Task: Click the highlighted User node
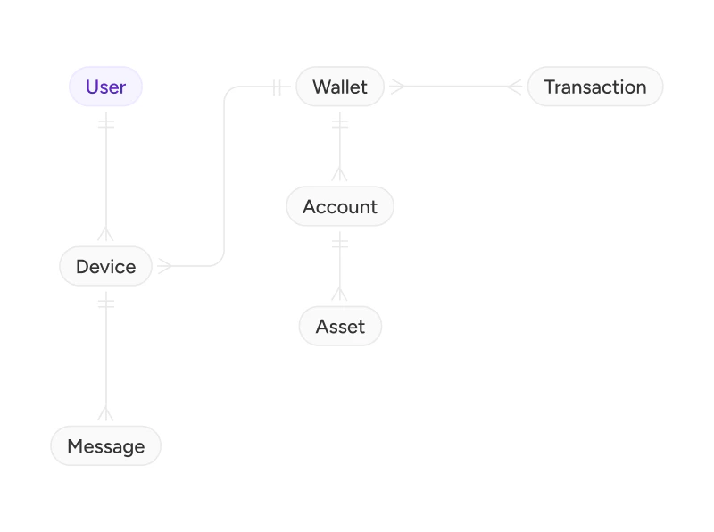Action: pyautogui.click(x=105, y=87)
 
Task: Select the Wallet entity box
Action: pyautogui.click(x=340, y=87)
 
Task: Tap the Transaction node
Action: pyautogui.click(x=595, y=87)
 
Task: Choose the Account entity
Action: pyautogui.click(x=340, y=206)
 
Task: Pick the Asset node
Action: pyautogui.click(x=340, y=326)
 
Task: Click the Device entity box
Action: pyautogui.click(x=105, y=267)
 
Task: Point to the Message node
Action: pyautogui.click(x=105, y=446)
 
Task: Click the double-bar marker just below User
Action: pyautogui.click(x=106, y=124)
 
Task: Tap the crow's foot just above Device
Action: pyautogui.click(x=105, y=234)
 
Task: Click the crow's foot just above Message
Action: pyautogui.click(x=105, y=413)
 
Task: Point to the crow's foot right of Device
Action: pyautogui.click(x=165, y=266)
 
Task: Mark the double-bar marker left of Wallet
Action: pyautogui.click(x=277, y=87)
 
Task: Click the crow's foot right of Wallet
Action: pyautogui.click(x=397, y=86)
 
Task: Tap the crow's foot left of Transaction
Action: pyautogui.click(x=515, y=86)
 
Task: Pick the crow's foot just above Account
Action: pyautogui.click(x=340, y=174)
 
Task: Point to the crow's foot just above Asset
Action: pyautogui.click(x=340, y=294)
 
